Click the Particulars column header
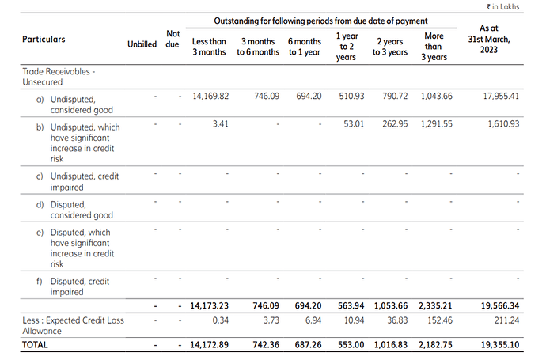(x=44, y=39)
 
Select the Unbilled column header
(x=142, y=44)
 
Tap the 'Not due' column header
(x=173, y=39)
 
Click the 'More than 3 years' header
(x=434, y=47)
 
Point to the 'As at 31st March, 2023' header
(x=489, y=39)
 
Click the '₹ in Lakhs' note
(x=502, y=6)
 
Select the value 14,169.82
(x=210, y=96)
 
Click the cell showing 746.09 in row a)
(x=267, y=96)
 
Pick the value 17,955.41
(x=501, y=96)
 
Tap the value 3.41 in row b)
(x=221, y=124)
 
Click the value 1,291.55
(x=437, y=124)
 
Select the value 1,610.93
(x=503, y=124)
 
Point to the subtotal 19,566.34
(x=500, y=306)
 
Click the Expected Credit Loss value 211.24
(x=506, y=320)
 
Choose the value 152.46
(x=440, y=320)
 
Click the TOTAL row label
(x=35, y=345)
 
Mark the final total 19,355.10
(x=500, y=345)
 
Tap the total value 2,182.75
(x=435, y=345)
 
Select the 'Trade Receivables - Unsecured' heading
(x=59, y=77)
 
